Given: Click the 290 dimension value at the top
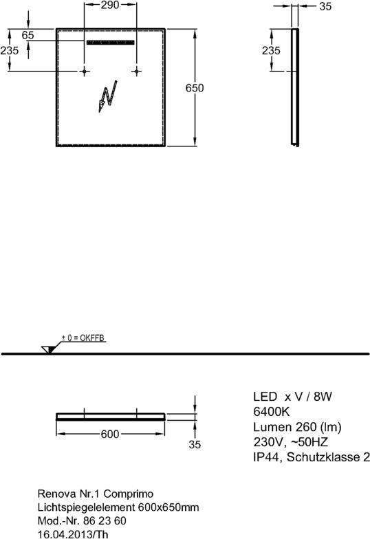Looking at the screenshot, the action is click(x=110, y=5).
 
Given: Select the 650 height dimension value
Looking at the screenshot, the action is click(x=195, y=88).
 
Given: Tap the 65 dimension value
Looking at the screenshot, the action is click(x=28, y=35).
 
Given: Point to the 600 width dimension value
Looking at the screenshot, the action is click(x=110, y=434).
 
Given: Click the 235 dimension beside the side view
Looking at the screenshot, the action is click(x=271, y=51).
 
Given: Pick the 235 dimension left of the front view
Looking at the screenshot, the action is click(x=10, y=51).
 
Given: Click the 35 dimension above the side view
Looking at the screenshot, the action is click(x=325, y=6).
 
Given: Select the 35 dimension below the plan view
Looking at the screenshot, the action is click(x=195, y=444).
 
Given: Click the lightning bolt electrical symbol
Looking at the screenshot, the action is click(x=107, y=96).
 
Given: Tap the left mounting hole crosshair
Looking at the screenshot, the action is click(x=84, y=71).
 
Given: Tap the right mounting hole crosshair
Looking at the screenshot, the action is click(x=136, y=71).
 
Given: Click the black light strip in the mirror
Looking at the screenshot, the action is click(x=110, y=43).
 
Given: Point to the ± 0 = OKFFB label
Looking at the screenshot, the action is click(x=83, y=338).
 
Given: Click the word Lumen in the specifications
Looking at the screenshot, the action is click(x=268, y=426).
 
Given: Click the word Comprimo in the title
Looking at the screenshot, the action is click(x=129, y=494).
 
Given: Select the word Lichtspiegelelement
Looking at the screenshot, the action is click(x=86, y=507).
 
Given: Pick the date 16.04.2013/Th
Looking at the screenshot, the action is click(x=73, y=533).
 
